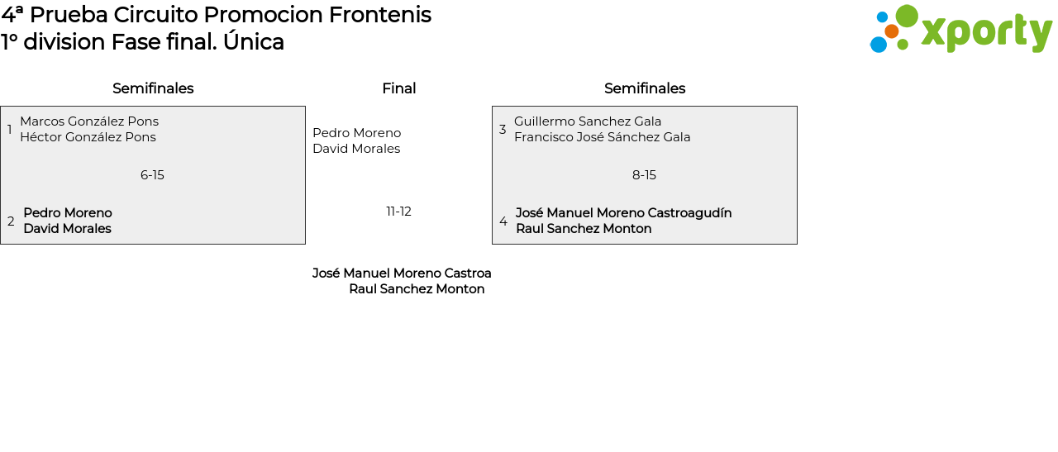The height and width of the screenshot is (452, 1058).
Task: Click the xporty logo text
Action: click(987, 32)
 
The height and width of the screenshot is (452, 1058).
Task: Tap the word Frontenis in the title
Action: click(379, 15)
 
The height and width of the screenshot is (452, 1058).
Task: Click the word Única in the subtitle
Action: click(254, 41)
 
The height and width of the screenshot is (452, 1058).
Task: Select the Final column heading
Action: click(399, 88)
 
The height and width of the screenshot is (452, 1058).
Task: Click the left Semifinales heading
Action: click(153, 88)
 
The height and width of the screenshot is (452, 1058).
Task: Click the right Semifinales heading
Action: click(645, 88)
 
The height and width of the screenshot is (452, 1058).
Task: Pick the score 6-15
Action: click(152, 175)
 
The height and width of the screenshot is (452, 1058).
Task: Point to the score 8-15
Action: click(644, 175)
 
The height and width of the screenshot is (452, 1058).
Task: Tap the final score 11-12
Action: click(398, 212)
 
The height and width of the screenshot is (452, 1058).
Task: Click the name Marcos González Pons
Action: click(89, 121)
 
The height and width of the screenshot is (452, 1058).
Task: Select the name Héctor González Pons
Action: click(88, 137)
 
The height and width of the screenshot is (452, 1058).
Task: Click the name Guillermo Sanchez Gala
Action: click(588, 121)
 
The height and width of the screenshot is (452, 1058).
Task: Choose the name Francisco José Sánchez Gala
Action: click(603, 137)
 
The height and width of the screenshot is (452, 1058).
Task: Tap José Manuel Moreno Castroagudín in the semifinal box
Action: click(623, 213)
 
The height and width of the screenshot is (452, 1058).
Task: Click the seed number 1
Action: click(9, 129)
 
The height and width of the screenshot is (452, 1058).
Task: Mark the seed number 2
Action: click(11, 221)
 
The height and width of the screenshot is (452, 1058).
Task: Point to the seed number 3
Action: click(503, 129)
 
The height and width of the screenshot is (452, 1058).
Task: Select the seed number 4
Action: click(503, 221)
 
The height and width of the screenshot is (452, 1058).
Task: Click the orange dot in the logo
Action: click(891, 31)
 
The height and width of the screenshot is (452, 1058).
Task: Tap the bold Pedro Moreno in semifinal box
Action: click(68, 213)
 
